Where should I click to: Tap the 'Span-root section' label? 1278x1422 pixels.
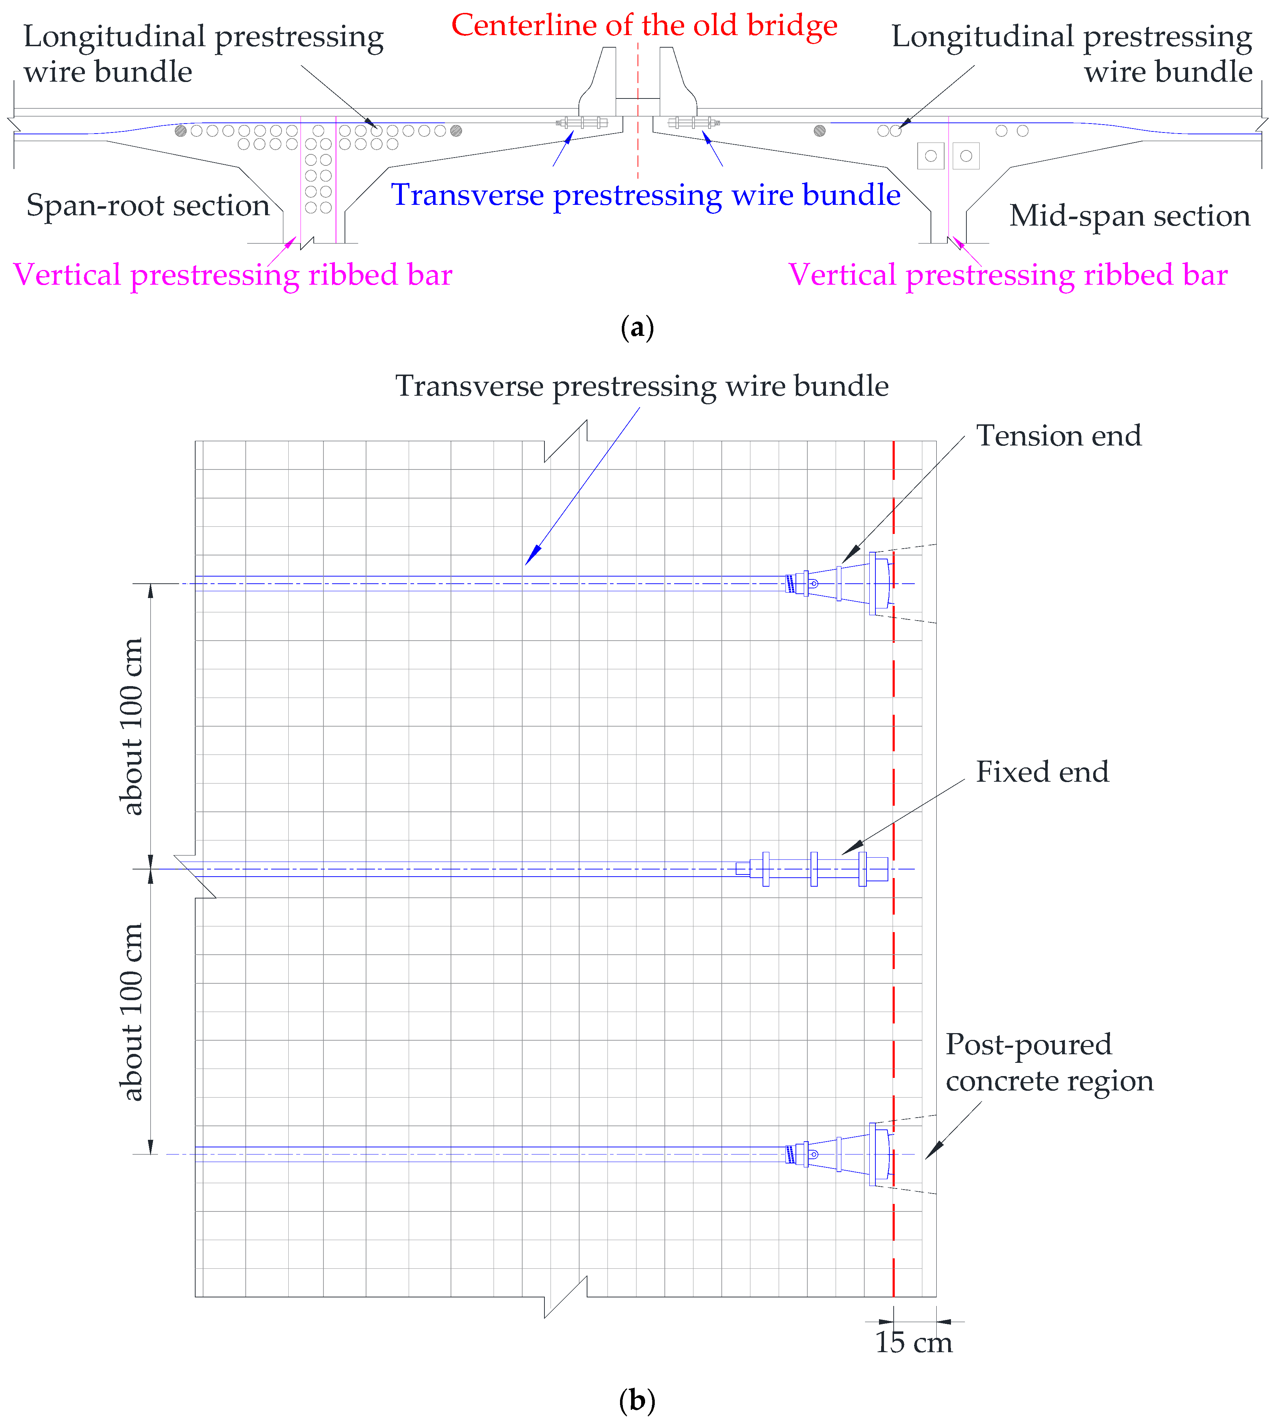(148, 206)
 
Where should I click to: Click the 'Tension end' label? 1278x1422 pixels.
(1058, 436)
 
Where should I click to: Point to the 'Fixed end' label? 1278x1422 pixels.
(1042, 772)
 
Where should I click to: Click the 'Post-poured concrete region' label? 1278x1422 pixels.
(1049, 1062)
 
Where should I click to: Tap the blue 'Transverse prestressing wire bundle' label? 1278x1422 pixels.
(645, 195)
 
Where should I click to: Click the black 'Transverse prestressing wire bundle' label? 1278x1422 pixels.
(642, 386)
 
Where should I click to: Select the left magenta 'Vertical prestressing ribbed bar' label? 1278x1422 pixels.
(232, 274)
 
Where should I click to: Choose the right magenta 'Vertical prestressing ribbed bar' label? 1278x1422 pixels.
(1008, 274)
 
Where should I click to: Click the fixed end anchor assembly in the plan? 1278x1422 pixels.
(815, 869)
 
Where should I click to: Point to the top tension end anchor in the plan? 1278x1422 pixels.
(839, 583)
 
